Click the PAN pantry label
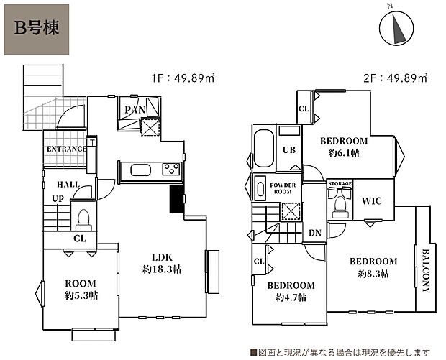(134, 109)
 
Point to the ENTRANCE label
(66, 149)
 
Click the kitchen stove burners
(170, 170)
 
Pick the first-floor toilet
(83, 216)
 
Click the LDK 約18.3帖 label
(161, 263)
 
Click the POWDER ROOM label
(283, 188)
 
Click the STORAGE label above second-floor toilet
(340, 185)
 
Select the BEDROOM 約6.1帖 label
(344, 147)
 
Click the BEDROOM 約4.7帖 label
(291, 291)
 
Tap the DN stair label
(314, 232)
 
